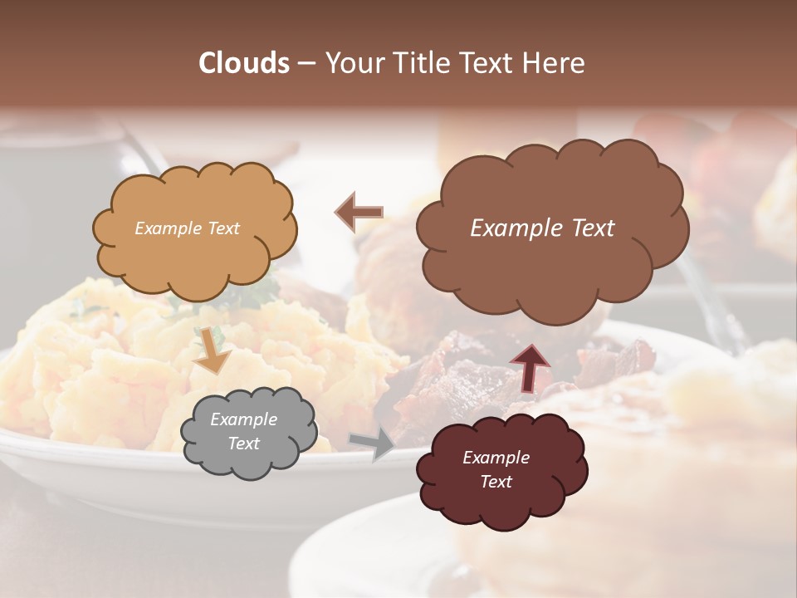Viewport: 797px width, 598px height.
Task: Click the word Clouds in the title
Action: point(244,63)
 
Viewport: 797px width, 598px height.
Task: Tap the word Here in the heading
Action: point(553,63)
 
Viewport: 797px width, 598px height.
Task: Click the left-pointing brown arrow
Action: point(359,213)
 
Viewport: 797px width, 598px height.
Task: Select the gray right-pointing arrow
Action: point(373,444)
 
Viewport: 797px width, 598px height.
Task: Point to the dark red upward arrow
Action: point(530,366)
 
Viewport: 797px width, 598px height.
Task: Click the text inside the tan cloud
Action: point(187,228)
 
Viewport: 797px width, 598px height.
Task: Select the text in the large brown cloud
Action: point(542,228)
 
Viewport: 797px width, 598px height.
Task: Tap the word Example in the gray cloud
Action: point(243,419)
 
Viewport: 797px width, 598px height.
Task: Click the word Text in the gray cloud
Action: point(243,444)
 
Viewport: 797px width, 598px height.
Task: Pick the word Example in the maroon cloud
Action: point(496,458)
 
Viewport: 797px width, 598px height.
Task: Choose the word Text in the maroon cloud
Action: point(496,482)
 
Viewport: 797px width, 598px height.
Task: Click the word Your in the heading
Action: point(352,63)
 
